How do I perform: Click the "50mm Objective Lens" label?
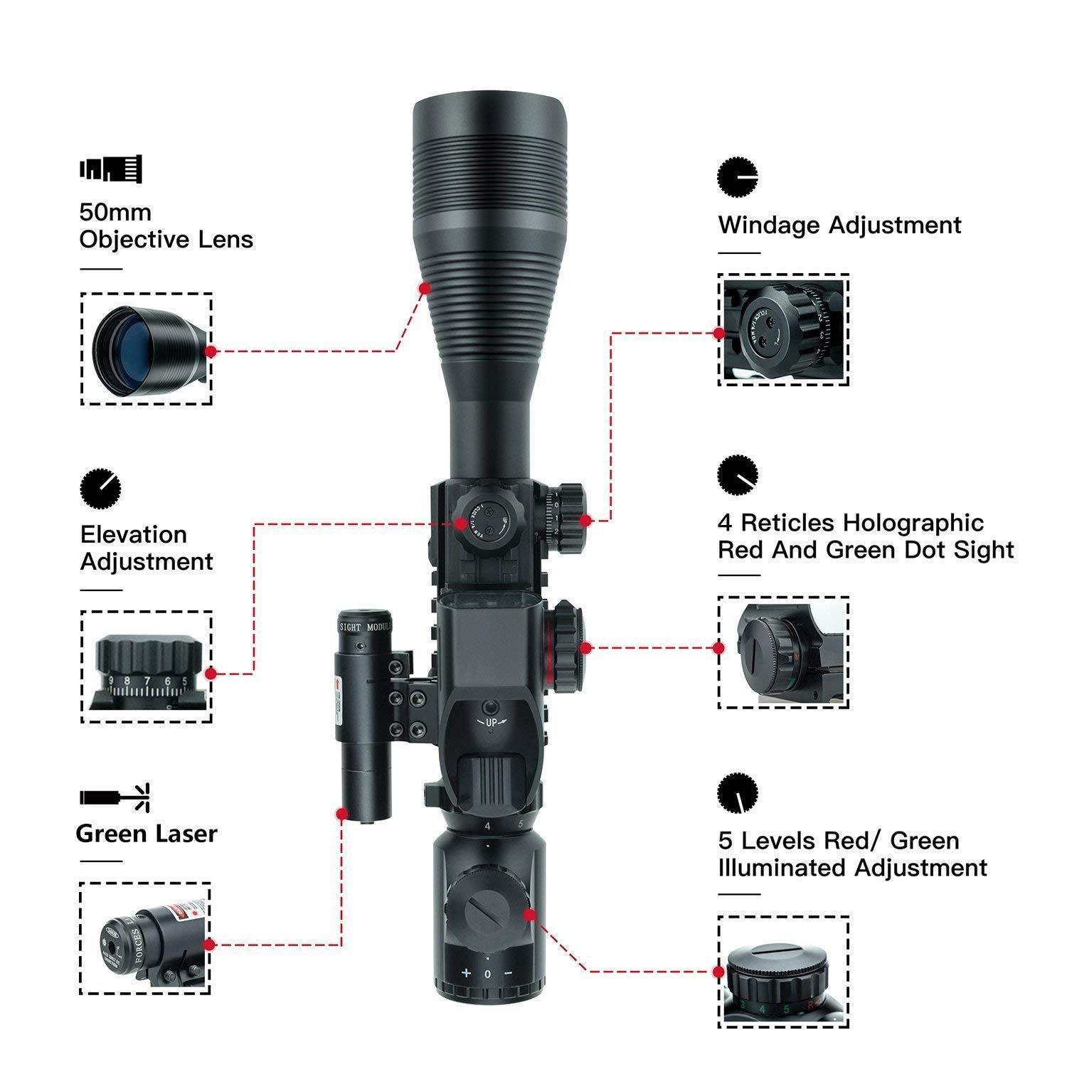(166, 225)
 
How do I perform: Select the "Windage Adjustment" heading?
(839, 225)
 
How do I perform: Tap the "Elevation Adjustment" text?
(146, 548)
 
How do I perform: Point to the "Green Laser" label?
(146, 833)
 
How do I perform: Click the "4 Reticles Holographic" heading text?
(851, 523)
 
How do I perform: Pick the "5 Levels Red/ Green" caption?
(839, 841)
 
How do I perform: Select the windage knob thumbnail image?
(783, 330)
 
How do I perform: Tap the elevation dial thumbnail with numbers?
(146, 667)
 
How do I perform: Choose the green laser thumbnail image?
(146, 940)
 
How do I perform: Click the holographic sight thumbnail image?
(783, 652)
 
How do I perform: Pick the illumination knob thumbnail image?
(783, 972)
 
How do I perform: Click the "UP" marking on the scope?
(489, 722)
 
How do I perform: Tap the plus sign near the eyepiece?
(466, 972)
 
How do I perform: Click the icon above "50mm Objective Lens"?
(110, 169)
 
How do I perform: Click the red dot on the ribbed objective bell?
(424, 288)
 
